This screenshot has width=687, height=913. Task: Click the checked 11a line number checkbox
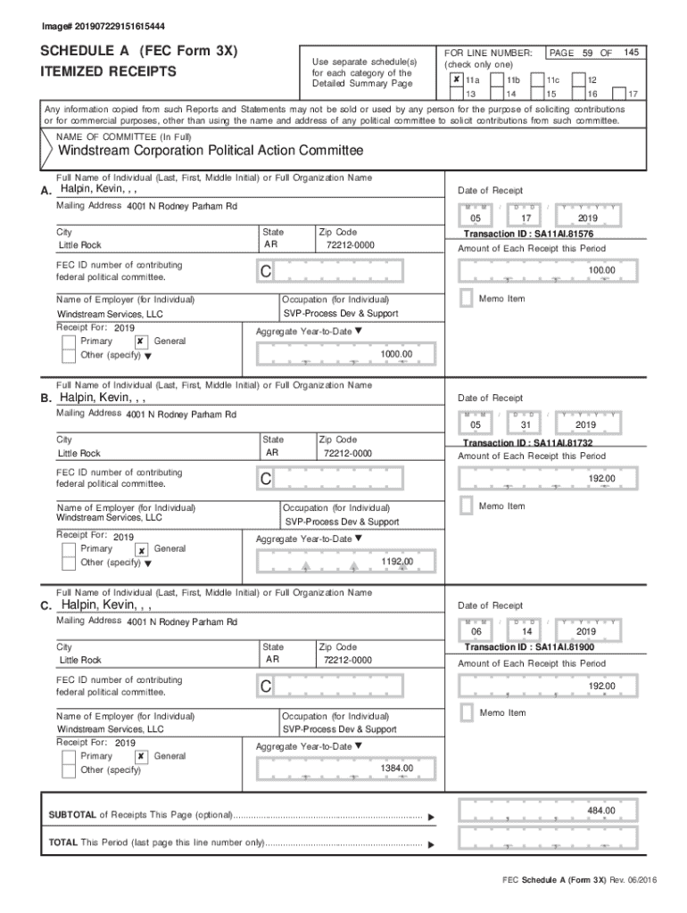click(456, 79)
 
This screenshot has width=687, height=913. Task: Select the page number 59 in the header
click(589, 53)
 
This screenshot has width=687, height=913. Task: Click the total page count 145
click(631, 53)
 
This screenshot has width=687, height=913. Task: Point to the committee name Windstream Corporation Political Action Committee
click(211, 151)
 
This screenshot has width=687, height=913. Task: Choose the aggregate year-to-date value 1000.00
click(396, 354)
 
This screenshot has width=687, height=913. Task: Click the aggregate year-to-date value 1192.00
click(396, 561)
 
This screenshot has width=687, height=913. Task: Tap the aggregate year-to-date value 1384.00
click(396, 769)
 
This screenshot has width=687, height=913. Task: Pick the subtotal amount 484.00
click(600, 810)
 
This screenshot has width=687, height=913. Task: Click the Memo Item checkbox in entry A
click(466, 298)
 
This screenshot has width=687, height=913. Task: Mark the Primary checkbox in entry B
click(69, 548)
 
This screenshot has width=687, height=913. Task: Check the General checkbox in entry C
click(141, 756)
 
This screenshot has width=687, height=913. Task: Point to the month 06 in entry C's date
click(476, 632)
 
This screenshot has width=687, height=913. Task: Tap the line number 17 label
click(633, 94)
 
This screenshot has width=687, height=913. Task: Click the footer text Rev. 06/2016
click(633, 880)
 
